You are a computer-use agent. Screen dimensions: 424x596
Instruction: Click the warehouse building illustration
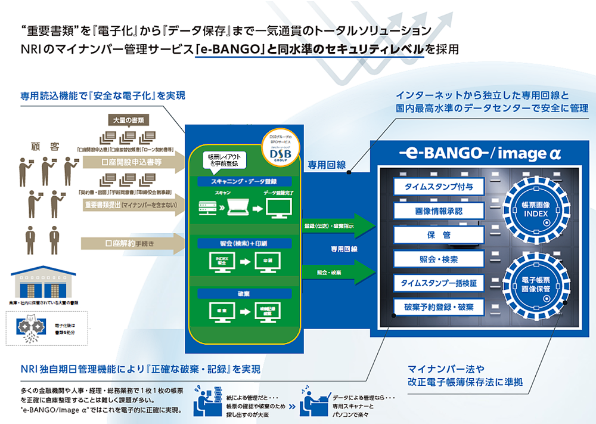[42, 284]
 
